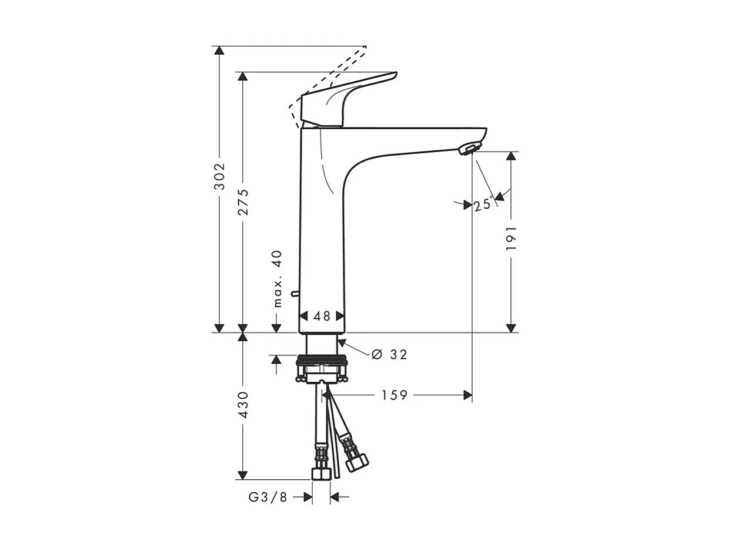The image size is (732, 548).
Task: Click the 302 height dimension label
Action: click(x=219, y=176)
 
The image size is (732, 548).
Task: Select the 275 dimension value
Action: click(x=243, y=201)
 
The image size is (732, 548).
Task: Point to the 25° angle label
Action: click(x=483, y=204)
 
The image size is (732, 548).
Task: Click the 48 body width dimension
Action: click(x=322, y=316)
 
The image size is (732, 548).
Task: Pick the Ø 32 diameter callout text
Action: click(x=389, y=354)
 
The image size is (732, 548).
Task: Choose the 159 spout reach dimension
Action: click(x=394, y=395)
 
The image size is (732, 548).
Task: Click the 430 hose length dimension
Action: click(x=243, y=405)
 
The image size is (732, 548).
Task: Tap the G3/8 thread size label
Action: click(x=268, y=497)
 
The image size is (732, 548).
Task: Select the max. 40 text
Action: click(x=278, y=278)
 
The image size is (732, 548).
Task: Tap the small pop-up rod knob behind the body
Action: click(x=294, y=293)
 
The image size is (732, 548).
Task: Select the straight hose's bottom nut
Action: click(x=320, y=473)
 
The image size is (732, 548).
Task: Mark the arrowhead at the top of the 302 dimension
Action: click(x=219, y=51)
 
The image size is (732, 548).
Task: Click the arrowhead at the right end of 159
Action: click(x=468, y=395)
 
